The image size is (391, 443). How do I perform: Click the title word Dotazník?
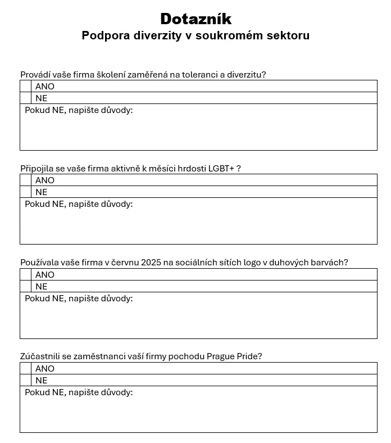195,19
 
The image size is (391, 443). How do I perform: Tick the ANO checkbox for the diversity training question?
26,86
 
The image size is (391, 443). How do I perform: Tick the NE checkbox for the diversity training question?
26,98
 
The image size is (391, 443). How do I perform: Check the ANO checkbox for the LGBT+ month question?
26,180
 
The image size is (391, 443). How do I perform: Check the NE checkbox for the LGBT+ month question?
26,192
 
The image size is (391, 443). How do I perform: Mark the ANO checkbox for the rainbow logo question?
26,274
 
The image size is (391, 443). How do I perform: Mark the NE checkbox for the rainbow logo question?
26,286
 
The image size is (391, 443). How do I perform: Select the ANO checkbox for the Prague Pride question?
26,368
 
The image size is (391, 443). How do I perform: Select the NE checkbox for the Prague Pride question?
26,380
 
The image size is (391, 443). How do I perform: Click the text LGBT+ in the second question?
221,169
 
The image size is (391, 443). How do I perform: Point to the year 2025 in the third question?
152,263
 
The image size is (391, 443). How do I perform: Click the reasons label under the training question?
79,110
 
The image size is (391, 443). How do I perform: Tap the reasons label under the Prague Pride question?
79,392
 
